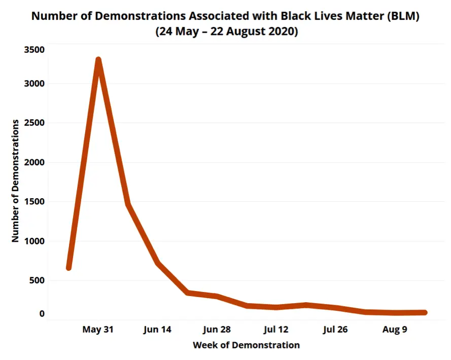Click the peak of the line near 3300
point(98,60)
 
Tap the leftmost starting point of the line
point(68,267)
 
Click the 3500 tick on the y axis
point(34,50)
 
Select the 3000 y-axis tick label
point(34,84)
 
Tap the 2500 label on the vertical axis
point(34,123)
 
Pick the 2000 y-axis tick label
point(34,163)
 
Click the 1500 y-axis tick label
point(34,202)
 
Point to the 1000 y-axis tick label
point(34,241)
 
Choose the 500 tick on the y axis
point(37,280)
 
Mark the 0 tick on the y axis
point(42,314)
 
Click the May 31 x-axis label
point(98,330)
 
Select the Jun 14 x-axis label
point(157,330)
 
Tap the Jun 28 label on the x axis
point(217,330)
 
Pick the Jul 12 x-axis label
point(276,330)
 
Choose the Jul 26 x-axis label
point(335,330)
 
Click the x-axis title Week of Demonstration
point(246,346)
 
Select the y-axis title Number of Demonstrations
point(16,181)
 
